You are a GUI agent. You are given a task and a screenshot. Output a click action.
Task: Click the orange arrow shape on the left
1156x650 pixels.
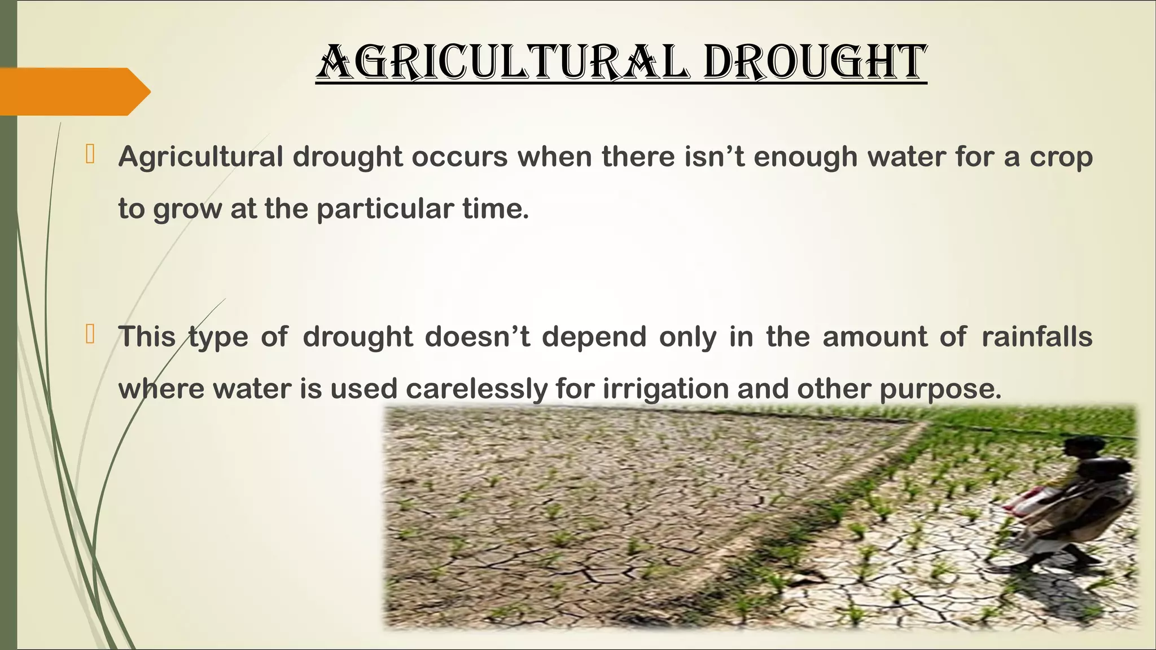(73, 91)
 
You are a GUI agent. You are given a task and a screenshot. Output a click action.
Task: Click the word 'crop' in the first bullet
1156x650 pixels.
(1061, 157)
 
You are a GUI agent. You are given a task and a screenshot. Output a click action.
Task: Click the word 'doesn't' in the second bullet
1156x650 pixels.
(478, 337)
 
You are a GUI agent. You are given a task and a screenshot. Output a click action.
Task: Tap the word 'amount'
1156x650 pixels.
(874, 337)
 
